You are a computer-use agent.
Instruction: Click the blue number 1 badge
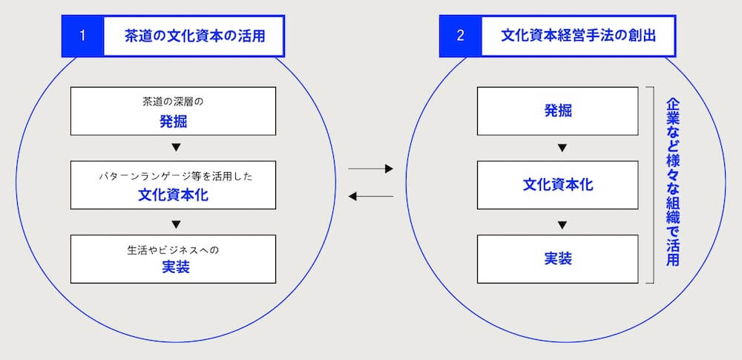[x=82, y=36]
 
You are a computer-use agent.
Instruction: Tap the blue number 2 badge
[x=460, y=36]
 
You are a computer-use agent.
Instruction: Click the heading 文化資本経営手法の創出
[x=579, y=36]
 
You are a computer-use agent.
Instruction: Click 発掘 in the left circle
[x=174, y=122]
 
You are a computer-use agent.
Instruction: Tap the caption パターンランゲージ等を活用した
[x=174, y=177]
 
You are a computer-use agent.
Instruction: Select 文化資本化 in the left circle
[x=174, y=195]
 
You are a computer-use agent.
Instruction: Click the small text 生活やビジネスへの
[x=174, y=249]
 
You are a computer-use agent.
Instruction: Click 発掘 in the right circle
[x=558, y=111]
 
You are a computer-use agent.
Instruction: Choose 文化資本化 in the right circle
[x=558, y=185]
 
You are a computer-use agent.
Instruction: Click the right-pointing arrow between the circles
[x=370, y=170]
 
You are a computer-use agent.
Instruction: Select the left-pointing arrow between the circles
[x=370, y=196]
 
